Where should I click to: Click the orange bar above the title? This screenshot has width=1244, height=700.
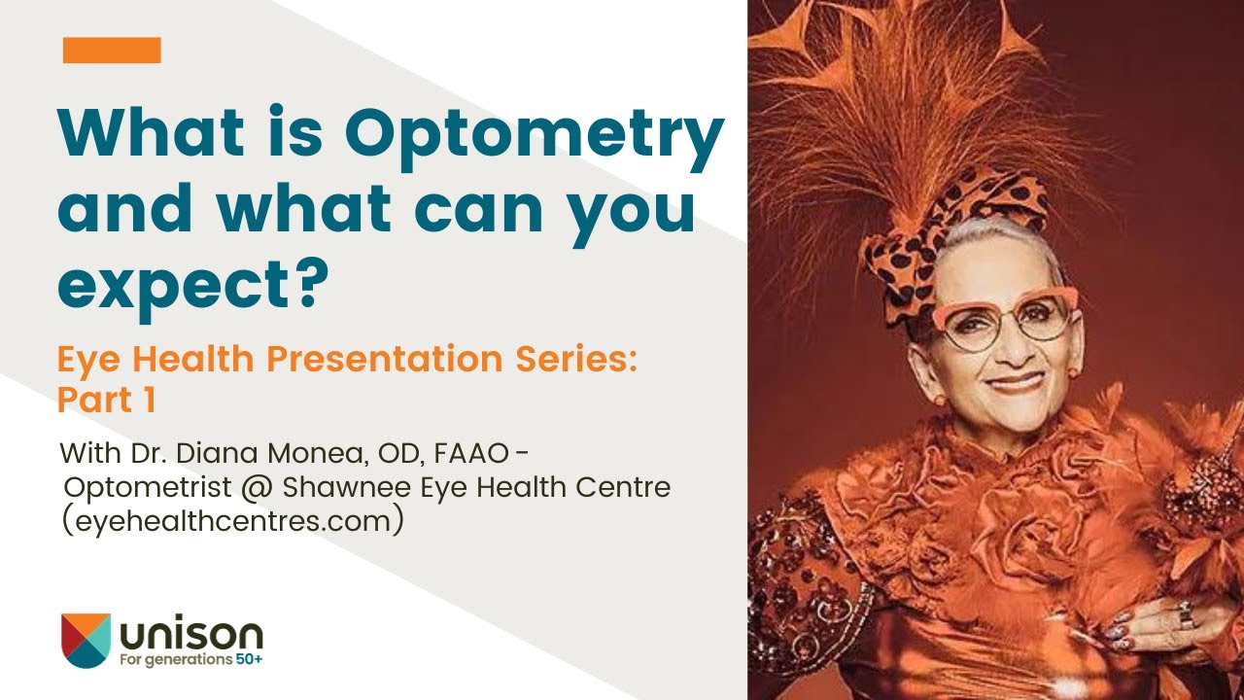click(112, 51)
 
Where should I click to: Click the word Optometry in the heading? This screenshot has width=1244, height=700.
click(536, 137)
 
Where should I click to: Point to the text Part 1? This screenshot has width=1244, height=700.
click(107, 400)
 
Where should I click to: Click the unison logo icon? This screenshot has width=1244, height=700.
click(86, 640)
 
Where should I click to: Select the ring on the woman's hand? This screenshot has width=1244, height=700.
click(1186, 614)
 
